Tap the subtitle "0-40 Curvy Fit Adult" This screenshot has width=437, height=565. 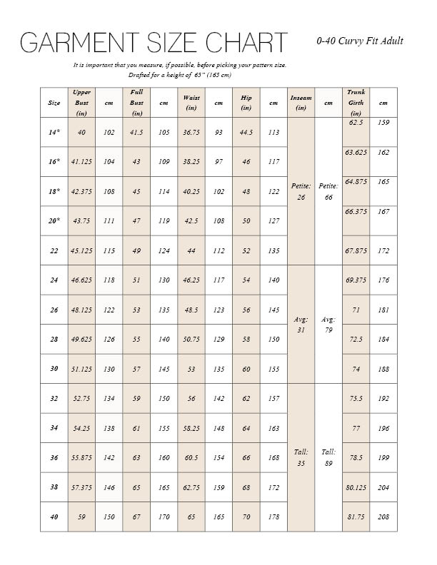point(360,41)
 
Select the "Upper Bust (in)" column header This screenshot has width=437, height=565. point(81,103)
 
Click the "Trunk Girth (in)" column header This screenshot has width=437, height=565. point(356,103)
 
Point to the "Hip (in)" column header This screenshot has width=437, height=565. point(246,103)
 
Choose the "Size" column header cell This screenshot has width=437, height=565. point(54,103)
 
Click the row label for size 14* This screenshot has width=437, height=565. point(54,133)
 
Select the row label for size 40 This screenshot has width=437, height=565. point(54,516)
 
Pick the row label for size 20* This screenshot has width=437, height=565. point(54,221)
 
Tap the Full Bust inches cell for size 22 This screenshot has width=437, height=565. point(136,250)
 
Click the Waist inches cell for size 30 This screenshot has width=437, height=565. point(191,370)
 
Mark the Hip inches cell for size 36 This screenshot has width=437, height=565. point(246,457)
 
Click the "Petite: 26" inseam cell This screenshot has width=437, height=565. point(301,191)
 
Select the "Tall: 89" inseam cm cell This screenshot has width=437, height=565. point(328,457)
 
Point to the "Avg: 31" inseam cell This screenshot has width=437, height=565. point(301,325)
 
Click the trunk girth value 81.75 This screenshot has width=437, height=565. point(356,516)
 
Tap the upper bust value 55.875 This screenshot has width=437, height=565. point(81,457)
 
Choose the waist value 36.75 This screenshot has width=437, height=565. point(191,133)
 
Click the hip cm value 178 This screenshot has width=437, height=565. point(273,516)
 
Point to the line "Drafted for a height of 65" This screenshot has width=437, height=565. point(179,75)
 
